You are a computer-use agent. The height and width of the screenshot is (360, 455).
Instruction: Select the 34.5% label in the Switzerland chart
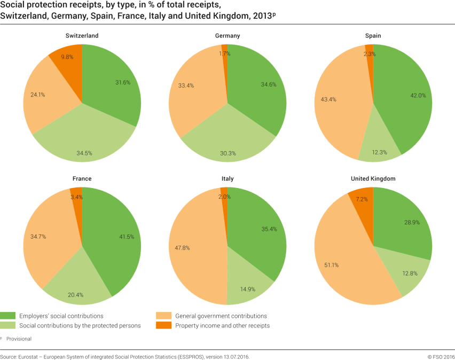pyautogui.click(x=84, y=153)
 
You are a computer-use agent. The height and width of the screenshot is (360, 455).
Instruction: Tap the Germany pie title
pyautogui.click(x=227, y=36)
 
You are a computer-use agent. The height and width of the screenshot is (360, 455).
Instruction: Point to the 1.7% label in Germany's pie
pyautogui.click(x=225, y=53)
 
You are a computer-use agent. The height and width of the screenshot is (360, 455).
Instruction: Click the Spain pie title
pyautogui.click(x=373, y=36)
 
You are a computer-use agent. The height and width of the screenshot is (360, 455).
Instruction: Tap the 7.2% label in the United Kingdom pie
pyautogui.click(x=363, y=199)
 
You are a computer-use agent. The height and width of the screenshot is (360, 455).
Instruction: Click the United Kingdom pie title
pyautogui.click(x=373, y=178)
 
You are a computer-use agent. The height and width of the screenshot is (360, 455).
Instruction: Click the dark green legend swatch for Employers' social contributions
pyautogui.click(x=8, y=316)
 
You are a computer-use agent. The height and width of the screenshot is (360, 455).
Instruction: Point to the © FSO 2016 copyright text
pyautogui.click(x=441, y=356)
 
